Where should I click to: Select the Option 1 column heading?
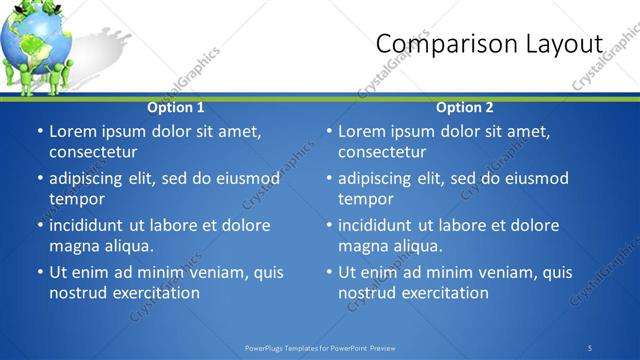coord(176,107)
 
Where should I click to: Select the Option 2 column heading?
coord(465,107)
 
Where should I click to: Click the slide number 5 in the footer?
coord(590,348)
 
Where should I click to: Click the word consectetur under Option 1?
coord(93,152)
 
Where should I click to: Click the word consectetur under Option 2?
coord(382,152)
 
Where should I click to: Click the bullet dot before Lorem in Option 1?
coord(40,131)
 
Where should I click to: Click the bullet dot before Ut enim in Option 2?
coord(329,272)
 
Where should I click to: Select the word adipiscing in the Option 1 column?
coord(89,178)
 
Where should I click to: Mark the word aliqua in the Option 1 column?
coord(128,246)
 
